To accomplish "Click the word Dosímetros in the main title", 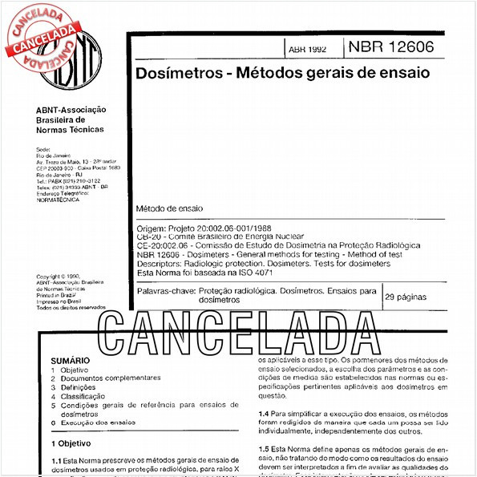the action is (x=174, y=73).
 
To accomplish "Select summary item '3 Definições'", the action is (x=78, y=387).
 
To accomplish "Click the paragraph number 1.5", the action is (x=265, y=447).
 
